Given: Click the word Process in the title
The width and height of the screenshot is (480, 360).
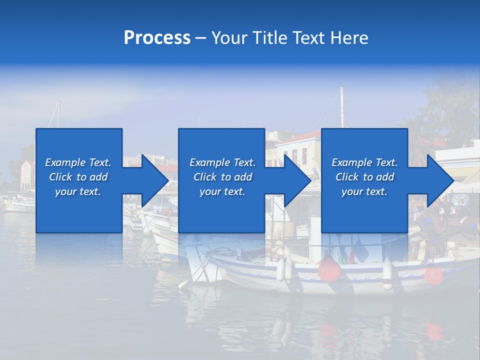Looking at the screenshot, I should tap(157, 38).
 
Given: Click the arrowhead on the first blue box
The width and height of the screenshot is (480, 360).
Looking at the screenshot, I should tap(155, 180).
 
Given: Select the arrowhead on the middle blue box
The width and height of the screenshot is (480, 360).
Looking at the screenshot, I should tap(297, 180).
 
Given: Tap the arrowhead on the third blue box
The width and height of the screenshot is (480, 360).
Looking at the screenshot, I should tap(440, 180).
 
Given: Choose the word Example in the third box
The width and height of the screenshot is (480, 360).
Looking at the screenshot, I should tap(351, 162).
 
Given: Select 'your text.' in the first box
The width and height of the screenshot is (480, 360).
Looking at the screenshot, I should tap(78, 191).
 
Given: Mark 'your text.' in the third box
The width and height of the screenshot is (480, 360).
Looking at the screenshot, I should tap(364, 191).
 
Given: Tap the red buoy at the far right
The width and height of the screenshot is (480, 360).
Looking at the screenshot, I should tap(433, 275).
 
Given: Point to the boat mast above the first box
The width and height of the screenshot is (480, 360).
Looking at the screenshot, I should tap(58, 113).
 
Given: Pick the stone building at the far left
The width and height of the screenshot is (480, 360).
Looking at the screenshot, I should tap(26, 175).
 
